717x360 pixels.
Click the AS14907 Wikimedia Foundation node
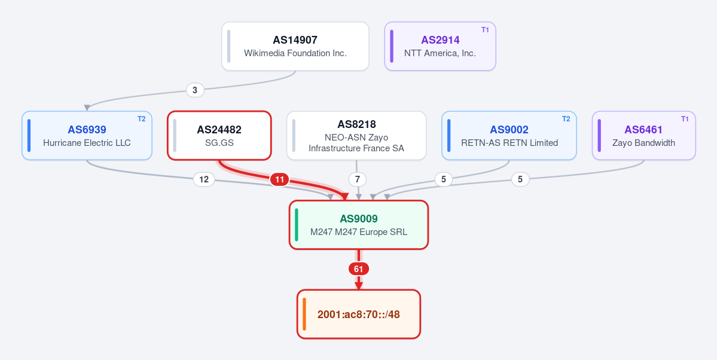[x=295, y=46]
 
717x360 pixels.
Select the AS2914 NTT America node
[x=440, y=46]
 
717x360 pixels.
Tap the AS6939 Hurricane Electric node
[x=87, y=135]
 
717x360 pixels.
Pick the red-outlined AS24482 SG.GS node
[x=219, y=135]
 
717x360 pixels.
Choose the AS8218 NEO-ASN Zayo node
[x=356, y=135]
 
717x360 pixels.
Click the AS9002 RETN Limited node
[x=509, y=135]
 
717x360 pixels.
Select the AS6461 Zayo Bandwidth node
[x=644, y=135]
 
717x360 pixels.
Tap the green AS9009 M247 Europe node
[x=359, y=225]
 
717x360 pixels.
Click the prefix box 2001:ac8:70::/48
[x=359, y=315]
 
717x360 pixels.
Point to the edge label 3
[x=195, y=90]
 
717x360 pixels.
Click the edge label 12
[x=204, y=179]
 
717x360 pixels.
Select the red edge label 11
[x=279, y=179]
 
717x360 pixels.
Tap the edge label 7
[x=358, y=179]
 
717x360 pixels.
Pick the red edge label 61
[x=359, y=269]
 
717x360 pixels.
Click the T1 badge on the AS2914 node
[x=485, y=30]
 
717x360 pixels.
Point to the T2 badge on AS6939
[x=141, y=119]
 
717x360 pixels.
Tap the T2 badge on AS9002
[x=566, y=119]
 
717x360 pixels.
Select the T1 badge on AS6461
[x=685, y=119]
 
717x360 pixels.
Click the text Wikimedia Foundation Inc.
[x=295, y=53]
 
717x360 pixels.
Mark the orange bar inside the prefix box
[x=304, y=315]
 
